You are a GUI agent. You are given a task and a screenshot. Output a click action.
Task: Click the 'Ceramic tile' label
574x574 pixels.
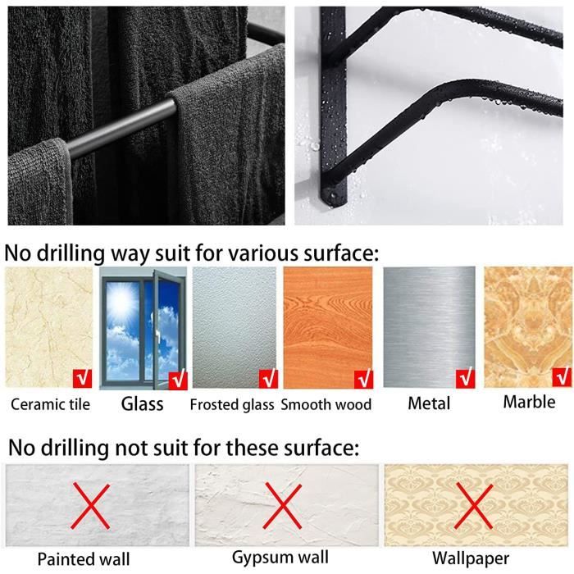(51, 404)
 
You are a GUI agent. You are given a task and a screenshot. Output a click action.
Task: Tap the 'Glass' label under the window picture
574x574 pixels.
(143, 403)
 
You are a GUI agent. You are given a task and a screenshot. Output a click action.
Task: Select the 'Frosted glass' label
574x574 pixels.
(232, 404)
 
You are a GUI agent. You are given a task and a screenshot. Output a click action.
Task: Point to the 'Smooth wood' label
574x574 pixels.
(326, 404)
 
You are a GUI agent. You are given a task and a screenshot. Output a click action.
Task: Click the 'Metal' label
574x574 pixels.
(429, 403)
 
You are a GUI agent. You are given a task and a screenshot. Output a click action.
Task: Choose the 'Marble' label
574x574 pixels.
(530, 402)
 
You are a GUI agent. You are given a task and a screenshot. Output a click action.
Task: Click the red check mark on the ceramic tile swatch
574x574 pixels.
(82, 379)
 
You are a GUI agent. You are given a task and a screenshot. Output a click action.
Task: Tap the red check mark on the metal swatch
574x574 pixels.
(465, 379)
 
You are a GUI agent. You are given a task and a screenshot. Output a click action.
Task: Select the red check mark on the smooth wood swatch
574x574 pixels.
(363, 379)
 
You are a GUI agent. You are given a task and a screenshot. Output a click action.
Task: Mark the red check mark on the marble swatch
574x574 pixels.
(562, 377)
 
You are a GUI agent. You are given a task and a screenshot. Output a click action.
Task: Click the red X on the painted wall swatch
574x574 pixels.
(91, 506)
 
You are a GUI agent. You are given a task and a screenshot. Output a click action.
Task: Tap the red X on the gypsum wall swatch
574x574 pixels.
(283, 506)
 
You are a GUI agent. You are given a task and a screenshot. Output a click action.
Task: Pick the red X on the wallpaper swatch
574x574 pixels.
(473, 506)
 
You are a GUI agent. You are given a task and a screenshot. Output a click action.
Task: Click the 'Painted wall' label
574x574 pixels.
(84, 559)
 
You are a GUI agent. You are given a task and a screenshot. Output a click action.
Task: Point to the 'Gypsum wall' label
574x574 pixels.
(280, 558)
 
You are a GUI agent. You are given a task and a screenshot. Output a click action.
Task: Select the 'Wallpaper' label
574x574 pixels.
(471, 558)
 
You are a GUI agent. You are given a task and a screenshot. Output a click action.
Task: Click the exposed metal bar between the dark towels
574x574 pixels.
(119, 128)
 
